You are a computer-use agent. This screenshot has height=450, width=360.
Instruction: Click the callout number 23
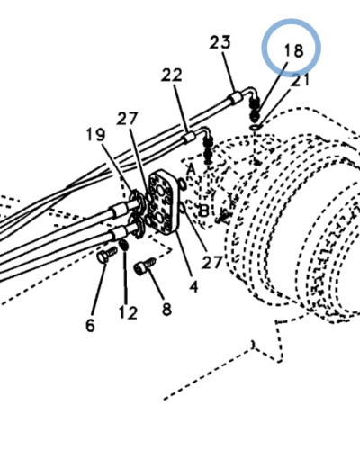(x=220, y=42)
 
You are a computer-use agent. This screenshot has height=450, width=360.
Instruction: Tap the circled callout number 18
(x=293, y=50)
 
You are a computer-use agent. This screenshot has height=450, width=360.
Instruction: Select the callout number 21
(x=301, y=80)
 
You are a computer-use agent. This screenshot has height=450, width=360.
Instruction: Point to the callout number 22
(x=172, y=75)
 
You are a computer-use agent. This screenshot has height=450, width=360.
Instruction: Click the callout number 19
(x=95, y=134)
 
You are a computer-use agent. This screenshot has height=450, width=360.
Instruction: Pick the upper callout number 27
(x=127, y=119)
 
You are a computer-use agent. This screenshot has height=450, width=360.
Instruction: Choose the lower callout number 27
(x=211, y=262)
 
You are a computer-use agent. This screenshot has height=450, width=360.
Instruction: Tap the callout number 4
(x=193, y=287)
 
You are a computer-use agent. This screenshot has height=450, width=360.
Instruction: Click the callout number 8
(x=167, y=309)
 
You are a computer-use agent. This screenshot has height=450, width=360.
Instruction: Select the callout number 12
(x=128, y=312)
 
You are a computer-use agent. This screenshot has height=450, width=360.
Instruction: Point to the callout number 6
(x=90, y=325)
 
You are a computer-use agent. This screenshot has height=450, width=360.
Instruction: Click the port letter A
(x=191, y=169)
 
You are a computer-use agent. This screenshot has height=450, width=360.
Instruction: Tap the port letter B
(x=203, y=211)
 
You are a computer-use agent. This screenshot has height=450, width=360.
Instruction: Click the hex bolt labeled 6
(x=107, y=256)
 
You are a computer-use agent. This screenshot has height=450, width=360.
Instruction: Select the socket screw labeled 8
(x=145, y=265)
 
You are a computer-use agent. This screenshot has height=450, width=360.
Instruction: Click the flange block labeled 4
(x=164, y=202)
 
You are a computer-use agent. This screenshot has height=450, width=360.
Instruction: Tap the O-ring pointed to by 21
(x=255, y=128)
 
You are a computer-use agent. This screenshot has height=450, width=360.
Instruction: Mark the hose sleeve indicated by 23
(x=234, y=98)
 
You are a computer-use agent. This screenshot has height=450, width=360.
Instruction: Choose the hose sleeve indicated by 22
(x=188, y=138)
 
